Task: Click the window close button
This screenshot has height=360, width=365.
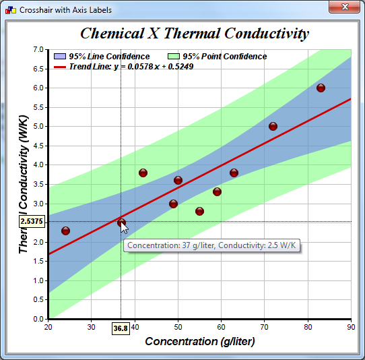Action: [x=344, y=7]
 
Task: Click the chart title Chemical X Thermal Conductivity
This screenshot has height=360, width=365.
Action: [x=195, y=34]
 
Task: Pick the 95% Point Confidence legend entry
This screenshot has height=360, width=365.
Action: [x=216, y=57]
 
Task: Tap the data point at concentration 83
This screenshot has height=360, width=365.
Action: [x=321, y=88]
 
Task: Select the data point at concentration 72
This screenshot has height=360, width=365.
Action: [x=273, y=126]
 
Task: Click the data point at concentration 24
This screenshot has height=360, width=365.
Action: [x=65, y=231]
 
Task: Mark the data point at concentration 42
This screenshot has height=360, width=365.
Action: [x=143, y=173]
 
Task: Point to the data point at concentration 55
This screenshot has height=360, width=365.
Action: [x=199, y=211]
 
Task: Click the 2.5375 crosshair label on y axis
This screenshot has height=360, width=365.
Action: [x=32, y=221]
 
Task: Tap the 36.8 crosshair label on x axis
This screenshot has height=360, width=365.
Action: [x=121, y=328]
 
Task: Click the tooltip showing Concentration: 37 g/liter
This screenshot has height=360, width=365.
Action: [x=213, y=245]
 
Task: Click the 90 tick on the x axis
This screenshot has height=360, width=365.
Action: [x=351, y=327]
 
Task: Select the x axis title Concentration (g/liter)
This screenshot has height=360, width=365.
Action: [x=200, y=342]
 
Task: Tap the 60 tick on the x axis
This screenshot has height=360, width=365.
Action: [x=221, y=327]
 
